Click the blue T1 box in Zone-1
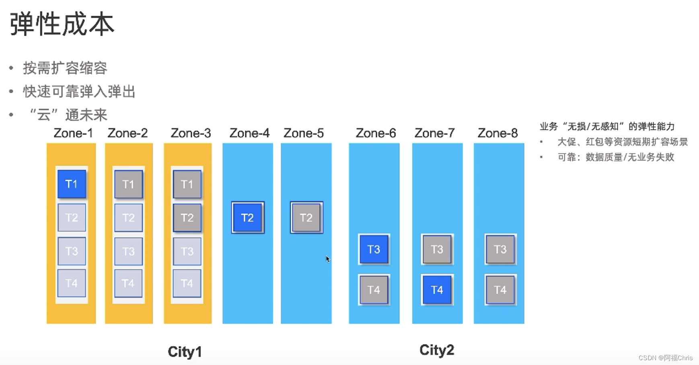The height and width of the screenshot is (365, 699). click(x=72, y=184)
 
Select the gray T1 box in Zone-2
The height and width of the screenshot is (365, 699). click(x=128, y=185)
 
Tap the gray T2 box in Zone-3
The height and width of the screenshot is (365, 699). click(x=187, y=218)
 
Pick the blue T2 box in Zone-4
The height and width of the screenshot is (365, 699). click(x=247, y=218)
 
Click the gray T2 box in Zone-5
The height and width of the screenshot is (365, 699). click(x=306, y=218)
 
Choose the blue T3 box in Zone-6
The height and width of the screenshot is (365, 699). click(x=374, y=250)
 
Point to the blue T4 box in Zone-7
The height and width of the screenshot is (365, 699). click(x=437, y=290)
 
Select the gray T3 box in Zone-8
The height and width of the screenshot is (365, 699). click(x=500, y=250)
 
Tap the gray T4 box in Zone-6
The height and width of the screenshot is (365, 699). click(x=374, y=290)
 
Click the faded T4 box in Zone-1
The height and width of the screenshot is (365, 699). click(x=72, y=283)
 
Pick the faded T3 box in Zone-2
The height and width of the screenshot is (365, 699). click(x=128, y=251)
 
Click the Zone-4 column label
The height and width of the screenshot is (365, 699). click(x=249, y=133)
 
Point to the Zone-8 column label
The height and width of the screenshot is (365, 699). click(x=498, y=133)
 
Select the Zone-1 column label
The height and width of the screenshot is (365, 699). click(x=73, y=133)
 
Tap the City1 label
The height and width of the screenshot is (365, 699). click(x=185, y=352)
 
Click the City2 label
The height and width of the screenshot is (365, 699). click(x=437, y=350)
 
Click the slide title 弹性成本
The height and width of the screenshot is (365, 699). click(x=62, y=24)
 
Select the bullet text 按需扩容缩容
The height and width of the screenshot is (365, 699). click(x=65, y=68)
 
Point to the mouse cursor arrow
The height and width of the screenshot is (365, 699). click(x=328, y=259)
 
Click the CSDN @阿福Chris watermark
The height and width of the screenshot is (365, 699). click(x=665, y=358)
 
